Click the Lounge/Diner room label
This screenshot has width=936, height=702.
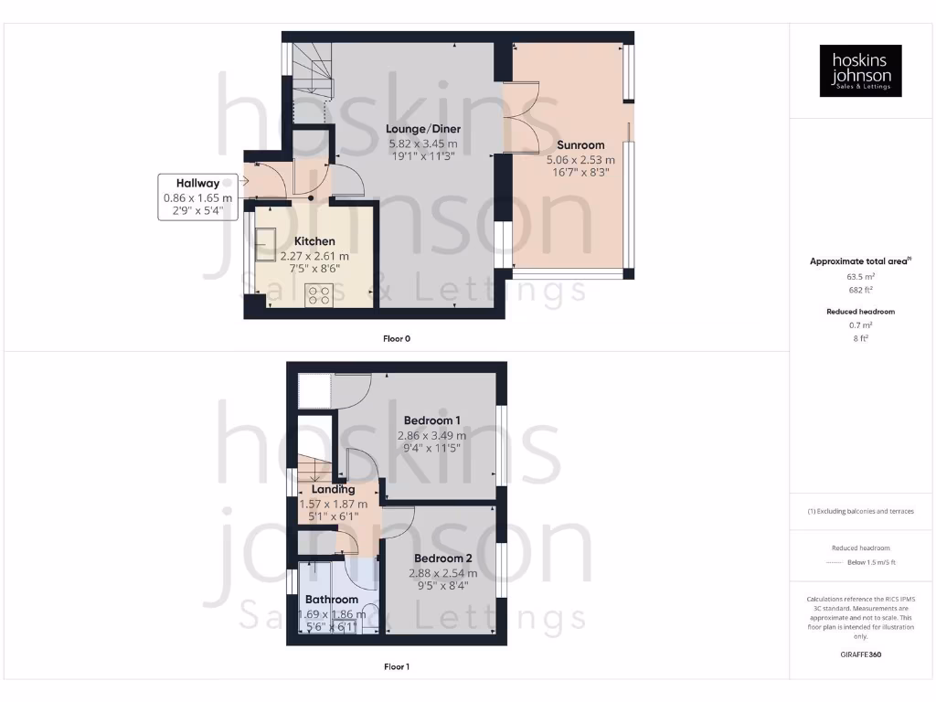pyautogui.click(x=422, y=129)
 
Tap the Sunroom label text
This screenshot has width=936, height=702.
pyautogui.click(x=580, y=144)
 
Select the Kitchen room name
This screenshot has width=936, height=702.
pyautogui.click(x=314, y=241)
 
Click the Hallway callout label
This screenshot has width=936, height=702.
pyautogui.click(x=197, y=184)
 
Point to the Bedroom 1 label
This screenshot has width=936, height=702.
pyautogui.click(x=431, y=420)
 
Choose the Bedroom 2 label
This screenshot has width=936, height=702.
pyautogui.click(x=442, y=558)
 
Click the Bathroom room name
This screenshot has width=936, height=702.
pyautogui.click(x=331, y=600)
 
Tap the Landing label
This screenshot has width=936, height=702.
pyautogui.click(x=333, y=489)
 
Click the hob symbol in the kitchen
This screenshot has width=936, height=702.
pyautogui.click(x=319, y=294)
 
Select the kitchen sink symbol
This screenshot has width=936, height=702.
pyautogui.click(x=267, y=239)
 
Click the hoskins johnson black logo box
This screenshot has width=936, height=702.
pyautogui.click(x=860, y=70)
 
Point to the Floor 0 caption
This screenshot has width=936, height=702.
pyautogui.click(x=397, y=338)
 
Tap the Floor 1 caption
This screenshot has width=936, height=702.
pyautogui.click(x=397, y=666)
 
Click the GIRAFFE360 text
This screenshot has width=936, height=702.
pyautogui.click(x=859, y=654)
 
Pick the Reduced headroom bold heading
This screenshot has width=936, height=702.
pyautogui.click(x=860, y=312)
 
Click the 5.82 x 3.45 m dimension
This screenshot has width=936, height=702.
pyautogui.click(x=422, y=144)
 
